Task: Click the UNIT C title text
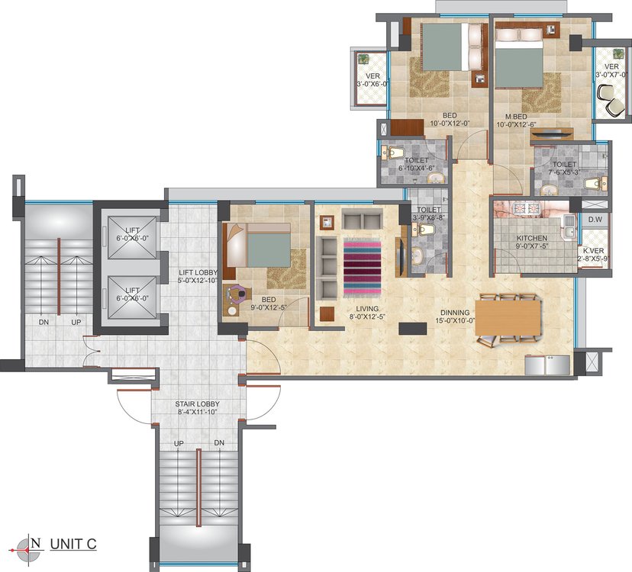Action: click(73, 544)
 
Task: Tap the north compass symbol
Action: click(27, 549)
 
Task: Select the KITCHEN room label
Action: click(532, 239)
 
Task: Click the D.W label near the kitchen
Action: click(595, 220)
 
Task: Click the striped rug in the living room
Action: click(363, 268)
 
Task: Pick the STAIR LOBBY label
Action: click(198, 404)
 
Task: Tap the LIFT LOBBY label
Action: click(198, 273)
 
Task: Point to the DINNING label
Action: click(455, 313)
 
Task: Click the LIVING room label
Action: click(367, 309)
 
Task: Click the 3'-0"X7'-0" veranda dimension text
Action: click(612, 75)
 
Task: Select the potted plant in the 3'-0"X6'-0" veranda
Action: click(364, 59)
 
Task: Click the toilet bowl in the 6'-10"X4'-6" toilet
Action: click(393, 153)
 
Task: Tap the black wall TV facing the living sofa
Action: click(399, 257)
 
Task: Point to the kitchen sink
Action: click(569, 227)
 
